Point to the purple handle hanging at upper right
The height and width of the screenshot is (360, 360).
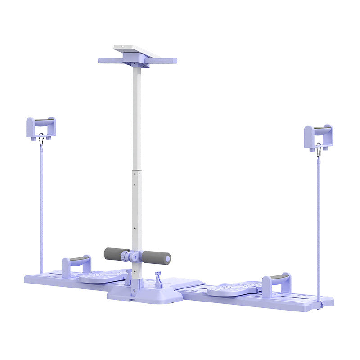319,133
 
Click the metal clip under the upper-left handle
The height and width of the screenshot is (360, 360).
41,140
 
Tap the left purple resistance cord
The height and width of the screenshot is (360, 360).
41,207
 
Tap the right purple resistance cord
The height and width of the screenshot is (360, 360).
319,225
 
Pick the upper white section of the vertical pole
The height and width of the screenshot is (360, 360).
136,117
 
